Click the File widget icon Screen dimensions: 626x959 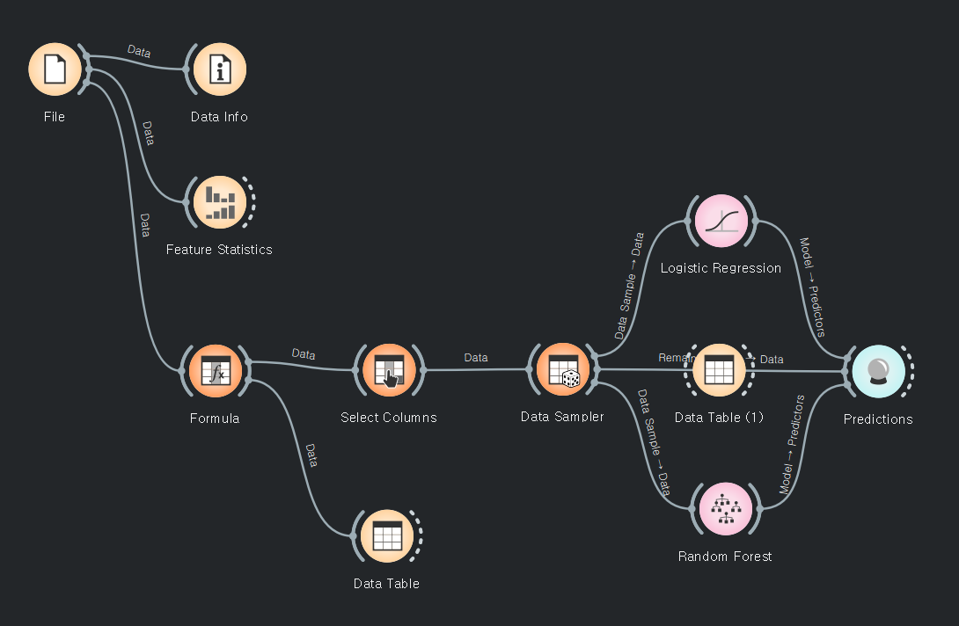(55, 69)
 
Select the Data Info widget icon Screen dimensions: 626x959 (219, 69)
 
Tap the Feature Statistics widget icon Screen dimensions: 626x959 (219, 201)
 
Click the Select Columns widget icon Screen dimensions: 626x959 (388, 370)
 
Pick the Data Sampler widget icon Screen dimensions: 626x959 (562, 369)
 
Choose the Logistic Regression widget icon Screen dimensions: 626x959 (721, 221)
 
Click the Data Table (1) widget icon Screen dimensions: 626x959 (719, 370)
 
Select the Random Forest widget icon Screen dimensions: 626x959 (726, 509)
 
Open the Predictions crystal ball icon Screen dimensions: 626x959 (878, 371)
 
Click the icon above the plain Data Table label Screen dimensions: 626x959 (386, 535)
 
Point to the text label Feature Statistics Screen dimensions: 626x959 (219, 250)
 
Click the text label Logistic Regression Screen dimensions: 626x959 (721, 268)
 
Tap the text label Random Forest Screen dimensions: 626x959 (725, 557)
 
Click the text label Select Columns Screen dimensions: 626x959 (388, 418)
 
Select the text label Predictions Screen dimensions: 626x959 (878, 419)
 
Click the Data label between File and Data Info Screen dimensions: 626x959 (139, 52)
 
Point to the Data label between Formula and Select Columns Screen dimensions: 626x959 (304, 354)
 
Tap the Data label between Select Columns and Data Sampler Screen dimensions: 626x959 (476, 358)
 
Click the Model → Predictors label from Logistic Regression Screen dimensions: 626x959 (811, 287)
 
